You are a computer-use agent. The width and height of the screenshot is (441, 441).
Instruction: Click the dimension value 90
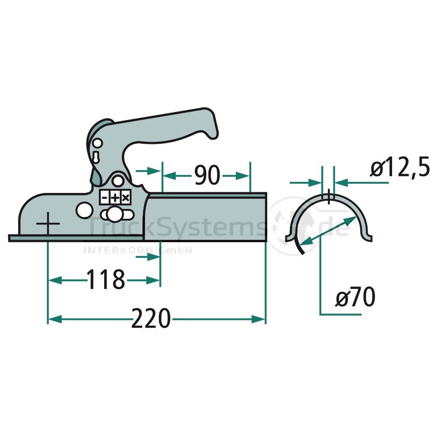(207, 175)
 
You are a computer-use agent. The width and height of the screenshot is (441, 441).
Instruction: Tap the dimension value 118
(106, 279)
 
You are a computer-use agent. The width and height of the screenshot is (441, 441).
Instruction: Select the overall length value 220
(151, 318)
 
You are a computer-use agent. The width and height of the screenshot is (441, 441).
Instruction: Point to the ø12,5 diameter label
(400, 167)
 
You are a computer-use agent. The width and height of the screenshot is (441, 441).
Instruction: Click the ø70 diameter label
(355, 296)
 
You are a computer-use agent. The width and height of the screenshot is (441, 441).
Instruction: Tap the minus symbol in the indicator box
(104, 198)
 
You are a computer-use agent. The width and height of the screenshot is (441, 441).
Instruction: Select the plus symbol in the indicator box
(115, 198)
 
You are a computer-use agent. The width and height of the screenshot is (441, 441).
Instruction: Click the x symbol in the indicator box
(126, 198)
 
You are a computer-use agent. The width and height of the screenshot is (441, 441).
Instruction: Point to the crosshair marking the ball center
(48, 224)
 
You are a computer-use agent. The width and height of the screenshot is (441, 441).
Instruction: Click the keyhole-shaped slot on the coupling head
(96, 157)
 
